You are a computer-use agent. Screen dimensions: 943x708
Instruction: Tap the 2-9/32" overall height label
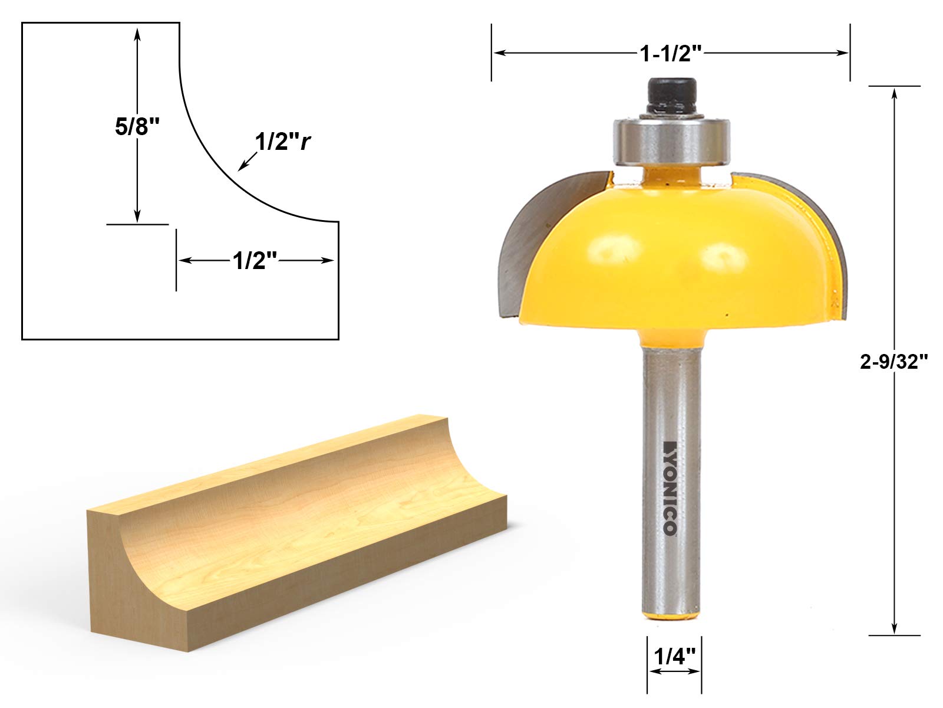point(893,362)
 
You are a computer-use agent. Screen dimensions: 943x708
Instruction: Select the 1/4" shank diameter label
point(674,657)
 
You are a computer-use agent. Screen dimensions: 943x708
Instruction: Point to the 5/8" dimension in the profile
point(137,127)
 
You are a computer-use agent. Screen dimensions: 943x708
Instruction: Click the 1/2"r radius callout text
point(282,142)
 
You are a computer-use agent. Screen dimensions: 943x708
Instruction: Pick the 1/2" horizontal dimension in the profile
point(255,261)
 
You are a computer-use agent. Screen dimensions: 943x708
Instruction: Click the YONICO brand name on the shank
point(671,488)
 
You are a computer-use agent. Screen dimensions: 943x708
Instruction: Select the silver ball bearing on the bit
point(671,141)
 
